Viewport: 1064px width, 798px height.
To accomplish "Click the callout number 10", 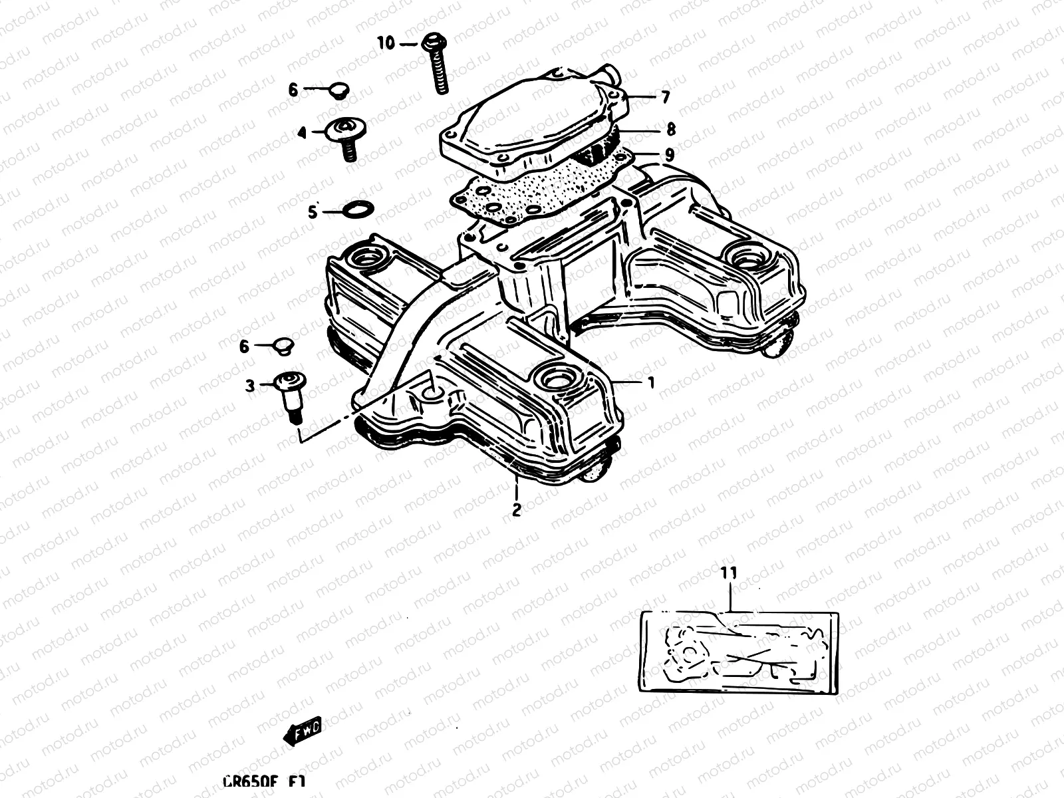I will coord(386,43).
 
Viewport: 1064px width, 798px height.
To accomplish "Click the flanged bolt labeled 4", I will coord(346,136).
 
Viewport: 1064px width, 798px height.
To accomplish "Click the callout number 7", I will coord(665,97).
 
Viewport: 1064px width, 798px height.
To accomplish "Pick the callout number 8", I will coord(670,128).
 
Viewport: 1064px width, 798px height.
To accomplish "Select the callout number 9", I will coord(669,155).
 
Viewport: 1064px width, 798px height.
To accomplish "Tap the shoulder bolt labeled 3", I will coord(290,396).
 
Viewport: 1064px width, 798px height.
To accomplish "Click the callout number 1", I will coord(651,382).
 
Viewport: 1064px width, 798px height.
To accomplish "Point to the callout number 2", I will coord(516,510).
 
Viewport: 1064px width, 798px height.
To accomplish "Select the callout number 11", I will coord(729,572).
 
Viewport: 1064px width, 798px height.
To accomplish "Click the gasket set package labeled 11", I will coord(738,652).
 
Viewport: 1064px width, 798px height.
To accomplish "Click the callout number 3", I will coord(250,386).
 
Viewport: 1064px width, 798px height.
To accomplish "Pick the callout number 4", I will coord(301,134).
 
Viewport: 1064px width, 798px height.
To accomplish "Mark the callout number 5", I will coord(313,212).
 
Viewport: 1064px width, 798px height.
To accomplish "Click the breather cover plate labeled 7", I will coord(532,123).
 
